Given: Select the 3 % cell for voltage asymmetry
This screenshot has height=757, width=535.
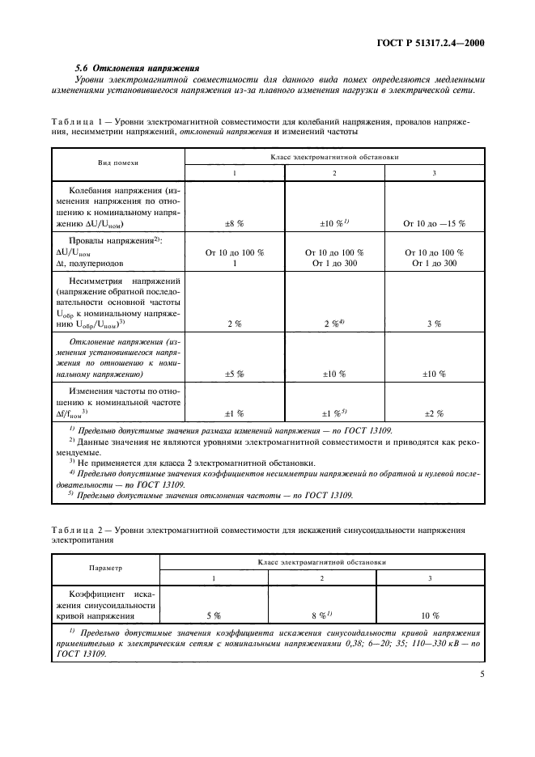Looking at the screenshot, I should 434,324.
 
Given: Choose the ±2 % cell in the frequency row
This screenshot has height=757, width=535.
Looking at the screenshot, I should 434,413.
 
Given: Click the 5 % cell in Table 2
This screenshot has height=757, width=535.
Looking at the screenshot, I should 213,615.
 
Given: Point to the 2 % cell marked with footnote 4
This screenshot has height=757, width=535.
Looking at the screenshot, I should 334,324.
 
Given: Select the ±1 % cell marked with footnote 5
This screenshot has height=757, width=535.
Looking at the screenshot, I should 334,413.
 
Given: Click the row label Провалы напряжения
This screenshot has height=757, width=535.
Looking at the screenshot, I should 117,241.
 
